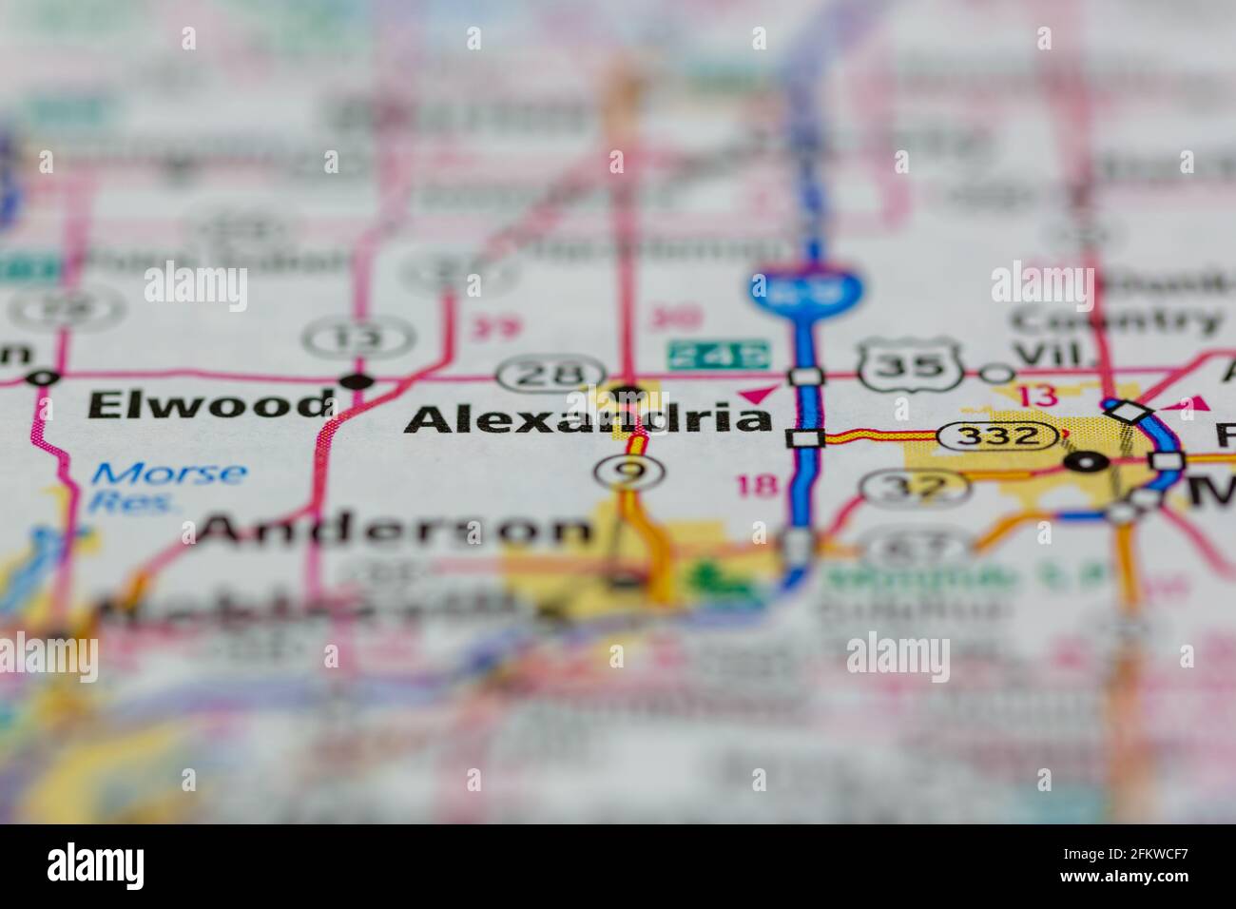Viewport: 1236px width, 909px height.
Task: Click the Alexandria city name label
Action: coord(589,419)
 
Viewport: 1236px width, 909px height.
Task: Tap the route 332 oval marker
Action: coord(998,435)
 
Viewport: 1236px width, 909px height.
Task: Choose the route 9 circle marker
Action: coord(628,471)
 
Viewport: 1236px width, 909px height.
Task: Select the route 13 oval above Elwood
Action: coord(358,338)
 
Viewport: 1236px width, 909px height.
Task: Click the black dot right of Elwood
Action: coord(359,382)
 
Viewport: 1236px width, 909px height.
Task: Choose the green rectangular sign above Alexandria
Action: coord(718,354)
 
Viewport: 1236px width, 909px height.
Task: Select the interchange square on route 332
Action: coord(806,438)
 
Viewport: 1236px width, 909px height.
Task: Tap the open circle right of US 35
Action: coord(996,374)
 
